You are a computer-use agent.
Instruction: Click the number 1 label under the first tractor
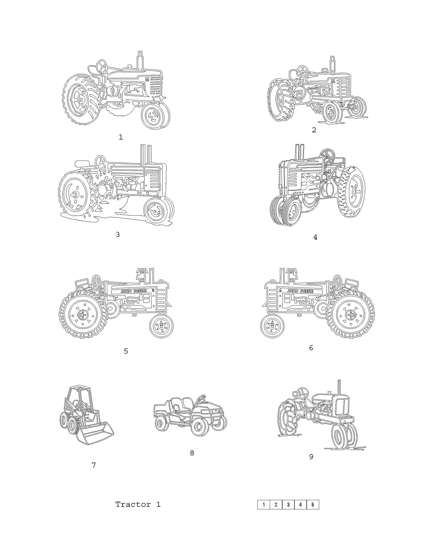(x=120, y=137)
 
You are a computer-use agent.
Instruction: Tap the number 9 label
(x=311, y=457)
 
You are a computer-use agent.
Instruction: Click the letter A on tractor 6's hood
(x=280, y=291)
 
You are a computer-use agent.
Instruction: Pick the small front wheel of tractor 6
(x=272, y=326)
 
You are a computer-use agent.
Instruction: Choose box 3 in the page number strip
(x=288, y=505)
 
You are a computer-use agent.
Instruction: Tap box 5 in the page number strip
(x=313, y=505)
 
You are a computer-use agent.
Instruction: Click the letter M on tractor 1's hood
(x=147, y=79)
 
